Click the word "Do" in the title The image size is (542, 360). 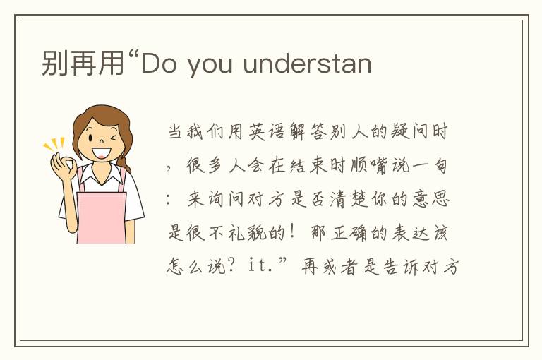[157, 64]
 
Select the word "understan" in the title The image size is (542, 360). [307, 64]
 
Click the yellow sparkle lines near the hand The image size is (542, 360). [54, 145]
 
